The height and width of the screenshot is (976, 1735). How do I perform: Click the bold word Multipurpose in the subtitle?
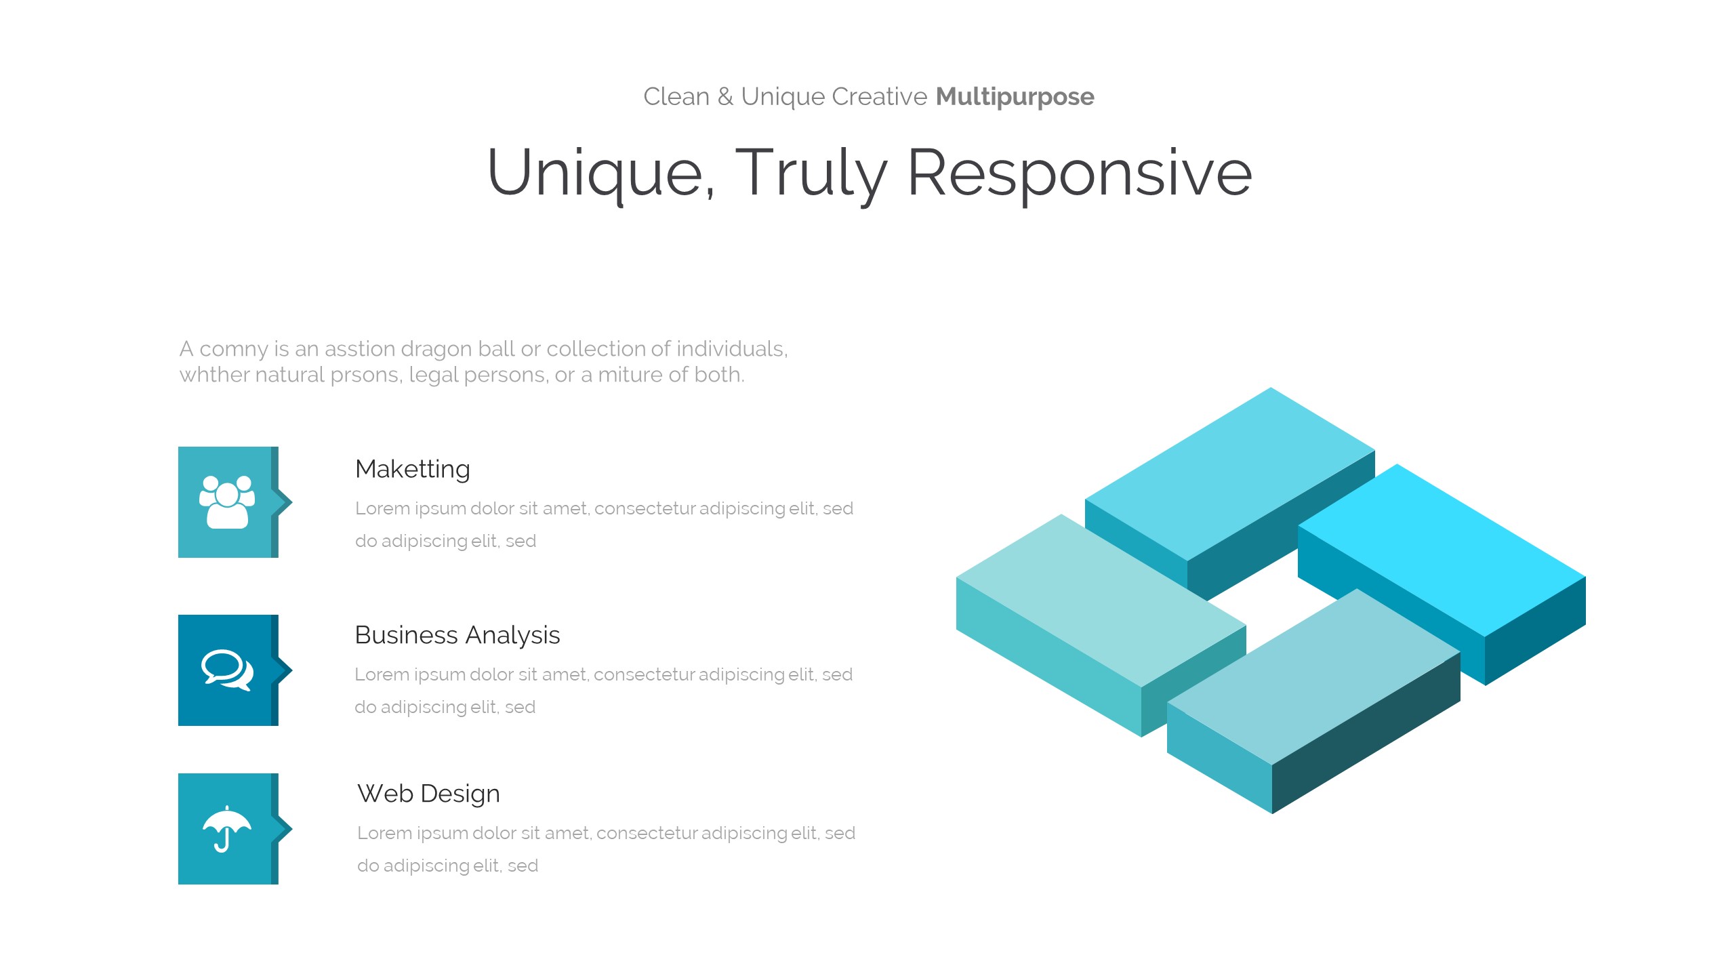click(1015, 97)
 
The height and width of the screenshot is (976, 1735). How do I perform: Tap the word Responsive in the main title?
click(1080, 174)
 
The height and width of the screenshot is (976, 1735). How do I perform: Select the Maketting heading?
click(413, 469)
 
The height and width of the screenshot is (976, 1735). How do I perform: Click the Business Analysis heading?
click(457, 635)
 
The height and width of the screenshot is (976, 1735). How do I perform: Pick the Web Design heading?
click(429, 794)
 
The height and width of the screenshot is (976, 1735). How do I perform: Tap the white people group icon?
click(227, 502)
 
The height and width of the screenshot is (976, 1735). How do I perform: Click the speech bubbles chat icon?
click(228, 670)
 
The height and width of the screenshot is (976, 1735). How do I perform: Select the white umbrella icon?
click(227, 829)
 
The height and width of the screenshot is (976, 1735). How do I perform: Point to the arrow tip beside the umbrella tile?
click(292, 829)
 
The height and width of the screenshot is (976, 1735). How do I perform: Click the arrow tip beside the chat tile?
click(292, 670)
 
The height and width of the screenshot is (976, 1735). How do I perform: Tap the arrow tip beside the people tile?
click(292, 502)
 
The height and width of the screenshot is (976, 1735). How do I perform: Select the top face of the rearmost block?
click(1230, 474)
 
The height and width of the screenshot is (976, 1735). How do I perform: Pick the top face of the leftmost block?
click(1101, 601)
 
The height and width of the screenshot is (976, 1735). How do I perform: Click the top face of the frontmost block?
click(1313, 676)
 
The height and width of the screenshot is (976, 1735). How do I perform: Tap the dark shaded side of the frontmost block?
click(1366, 733)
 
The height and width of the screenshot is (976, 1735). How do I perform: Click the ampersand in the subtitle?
click(725, 97)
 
